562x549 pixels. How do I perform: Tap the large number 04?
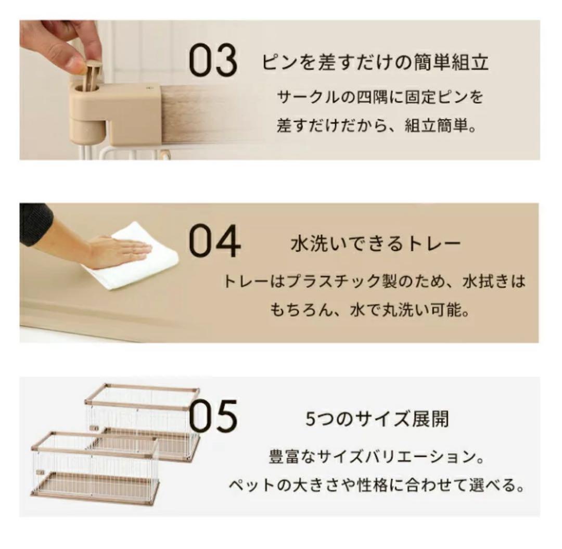coord(214,242)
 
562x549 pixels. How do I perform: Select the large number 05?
coord(213,416)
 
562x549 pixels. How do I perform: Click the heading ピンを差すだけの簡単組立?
coord(375,63)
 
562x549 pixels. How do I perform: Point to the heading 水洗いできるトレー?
coord(375,244)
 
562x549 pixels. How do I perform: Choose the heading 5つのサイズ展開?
coord(377,419)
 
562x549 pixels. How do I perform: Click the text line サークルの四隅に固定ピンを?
coord(380,97)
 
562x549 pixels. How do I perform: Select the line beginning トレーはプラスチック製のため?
coord(374,282)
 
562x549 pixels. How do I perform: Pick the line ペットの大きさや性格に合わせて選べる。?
coord(376,487)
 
